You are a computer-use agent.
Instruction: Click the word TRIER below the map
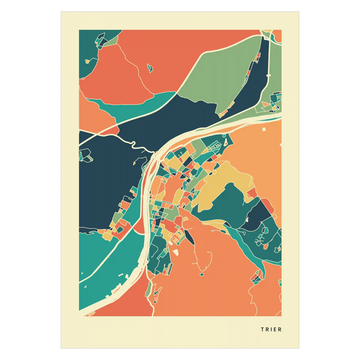pyautogui.click(x=271, y=330)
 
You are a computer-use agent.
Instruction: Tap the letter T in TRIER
pyautogui.click(x=261, y=330)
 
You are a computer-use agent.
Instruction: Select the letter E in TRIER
pyautogui.click(x=275, y=330)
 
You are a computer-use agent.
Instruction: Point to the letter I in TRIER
pyautogui.click(x=271, y=330)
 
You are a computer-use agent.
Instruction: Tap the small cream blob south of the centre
pyautogui.click(x=176, y=251)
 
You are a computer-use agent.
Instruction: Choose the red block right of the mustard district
pyautogui.click(x=251, y=194)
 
